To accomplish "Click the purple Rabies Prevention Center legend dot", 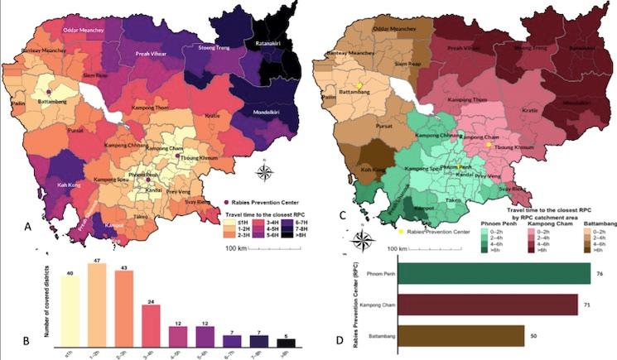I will point(227,201).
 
